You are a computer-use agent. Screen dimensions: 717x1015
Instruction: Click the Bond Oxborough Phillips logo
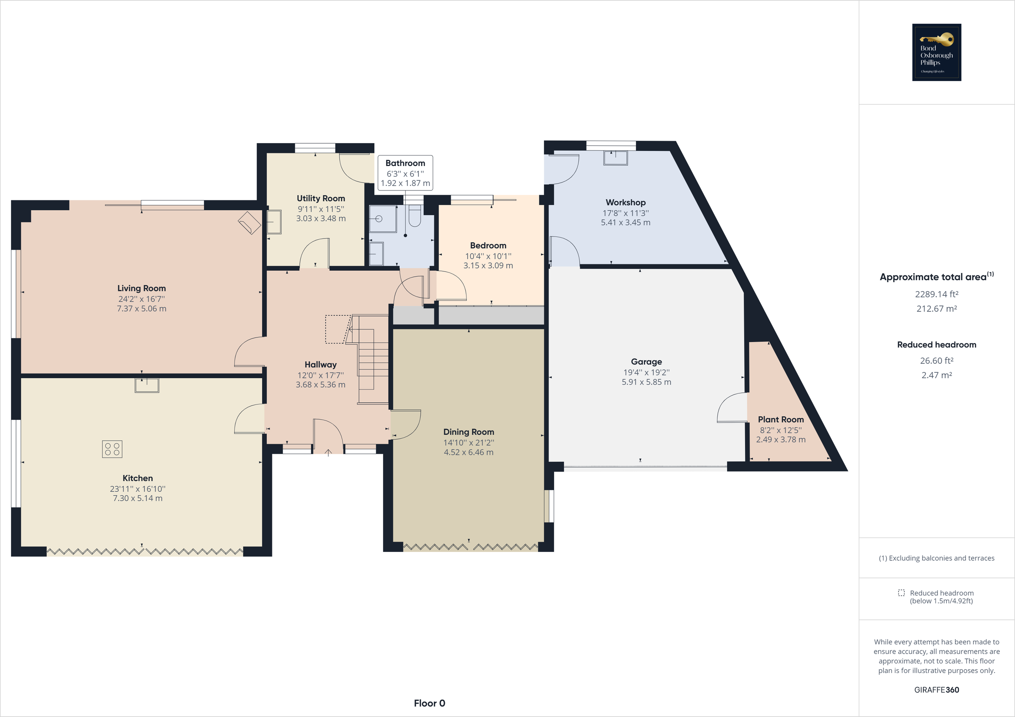point(936,52)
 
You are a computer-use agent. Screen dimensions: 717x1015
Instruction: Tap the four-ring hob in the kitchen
point(112,449)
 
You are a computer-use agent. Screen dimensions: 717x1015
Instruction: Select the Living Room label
point(141,288)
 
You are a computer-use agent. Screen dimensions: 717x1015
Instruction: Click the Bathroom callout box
point(405,173)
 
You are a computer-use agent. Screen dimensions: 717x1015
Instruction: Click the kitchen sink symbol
point(147,385)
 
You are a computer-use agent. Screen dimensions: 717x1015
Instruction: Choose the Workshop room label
point(625,202)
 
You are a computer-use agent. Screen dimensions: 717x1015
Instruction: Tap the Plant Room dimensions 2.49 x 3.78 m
point(780,439)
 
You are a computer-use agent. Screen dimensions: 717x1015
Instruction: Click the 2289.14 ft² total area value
point(936,294)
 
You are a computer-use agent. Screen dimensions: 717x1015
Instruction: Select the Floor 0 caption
point(429,703)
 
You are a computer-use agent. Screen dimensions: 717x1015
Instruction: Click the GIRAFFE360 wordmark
point(936,690)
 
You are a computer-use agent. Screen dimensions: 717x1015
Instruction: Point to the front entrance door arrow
point(328,453)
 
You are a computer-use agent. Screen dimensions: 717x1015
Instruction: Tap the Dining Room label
point(468,432)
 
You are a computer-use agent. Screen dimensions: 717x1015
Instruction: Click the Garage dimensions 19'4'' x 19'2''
point(646,372)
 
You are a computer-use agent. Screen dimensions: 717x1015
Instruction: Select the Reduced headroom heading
point(936,345)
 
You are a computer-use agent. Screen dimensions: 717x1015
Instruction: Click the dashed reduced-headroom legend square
point(901,593)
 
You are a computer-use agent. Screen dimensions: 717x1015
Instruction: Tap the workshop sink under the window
point(615,158)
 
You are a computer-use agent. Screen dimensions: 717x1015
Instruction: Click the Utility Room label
point(321,198)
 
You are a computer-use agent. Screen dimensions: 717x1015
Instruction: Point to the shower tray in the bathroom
point(382,219)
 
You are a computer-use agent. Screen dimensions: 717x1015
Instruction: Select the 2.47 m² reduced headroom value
point(936,375)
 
